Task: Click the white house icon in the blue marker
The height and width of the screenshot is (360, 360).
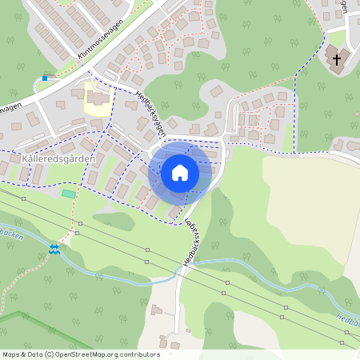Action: [x=180, y=172]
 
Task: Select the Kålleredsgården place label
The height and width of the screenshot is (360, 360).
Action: [x=61, y=158]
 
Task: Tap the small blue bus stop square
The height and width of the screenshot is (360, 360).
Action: [x=46, y=78]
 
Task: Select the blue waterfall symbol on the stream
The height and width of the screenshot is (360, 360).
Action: [x=54, y=250]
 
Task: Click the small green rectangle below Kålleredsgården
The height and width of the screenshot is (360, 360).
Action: [x=69, y=193]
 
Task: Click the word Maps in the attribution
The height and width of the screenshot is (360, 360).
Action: [x=11, y=354]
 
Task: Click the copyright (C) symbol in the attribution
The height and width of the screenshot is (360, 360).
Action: [x=50, y=354]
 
